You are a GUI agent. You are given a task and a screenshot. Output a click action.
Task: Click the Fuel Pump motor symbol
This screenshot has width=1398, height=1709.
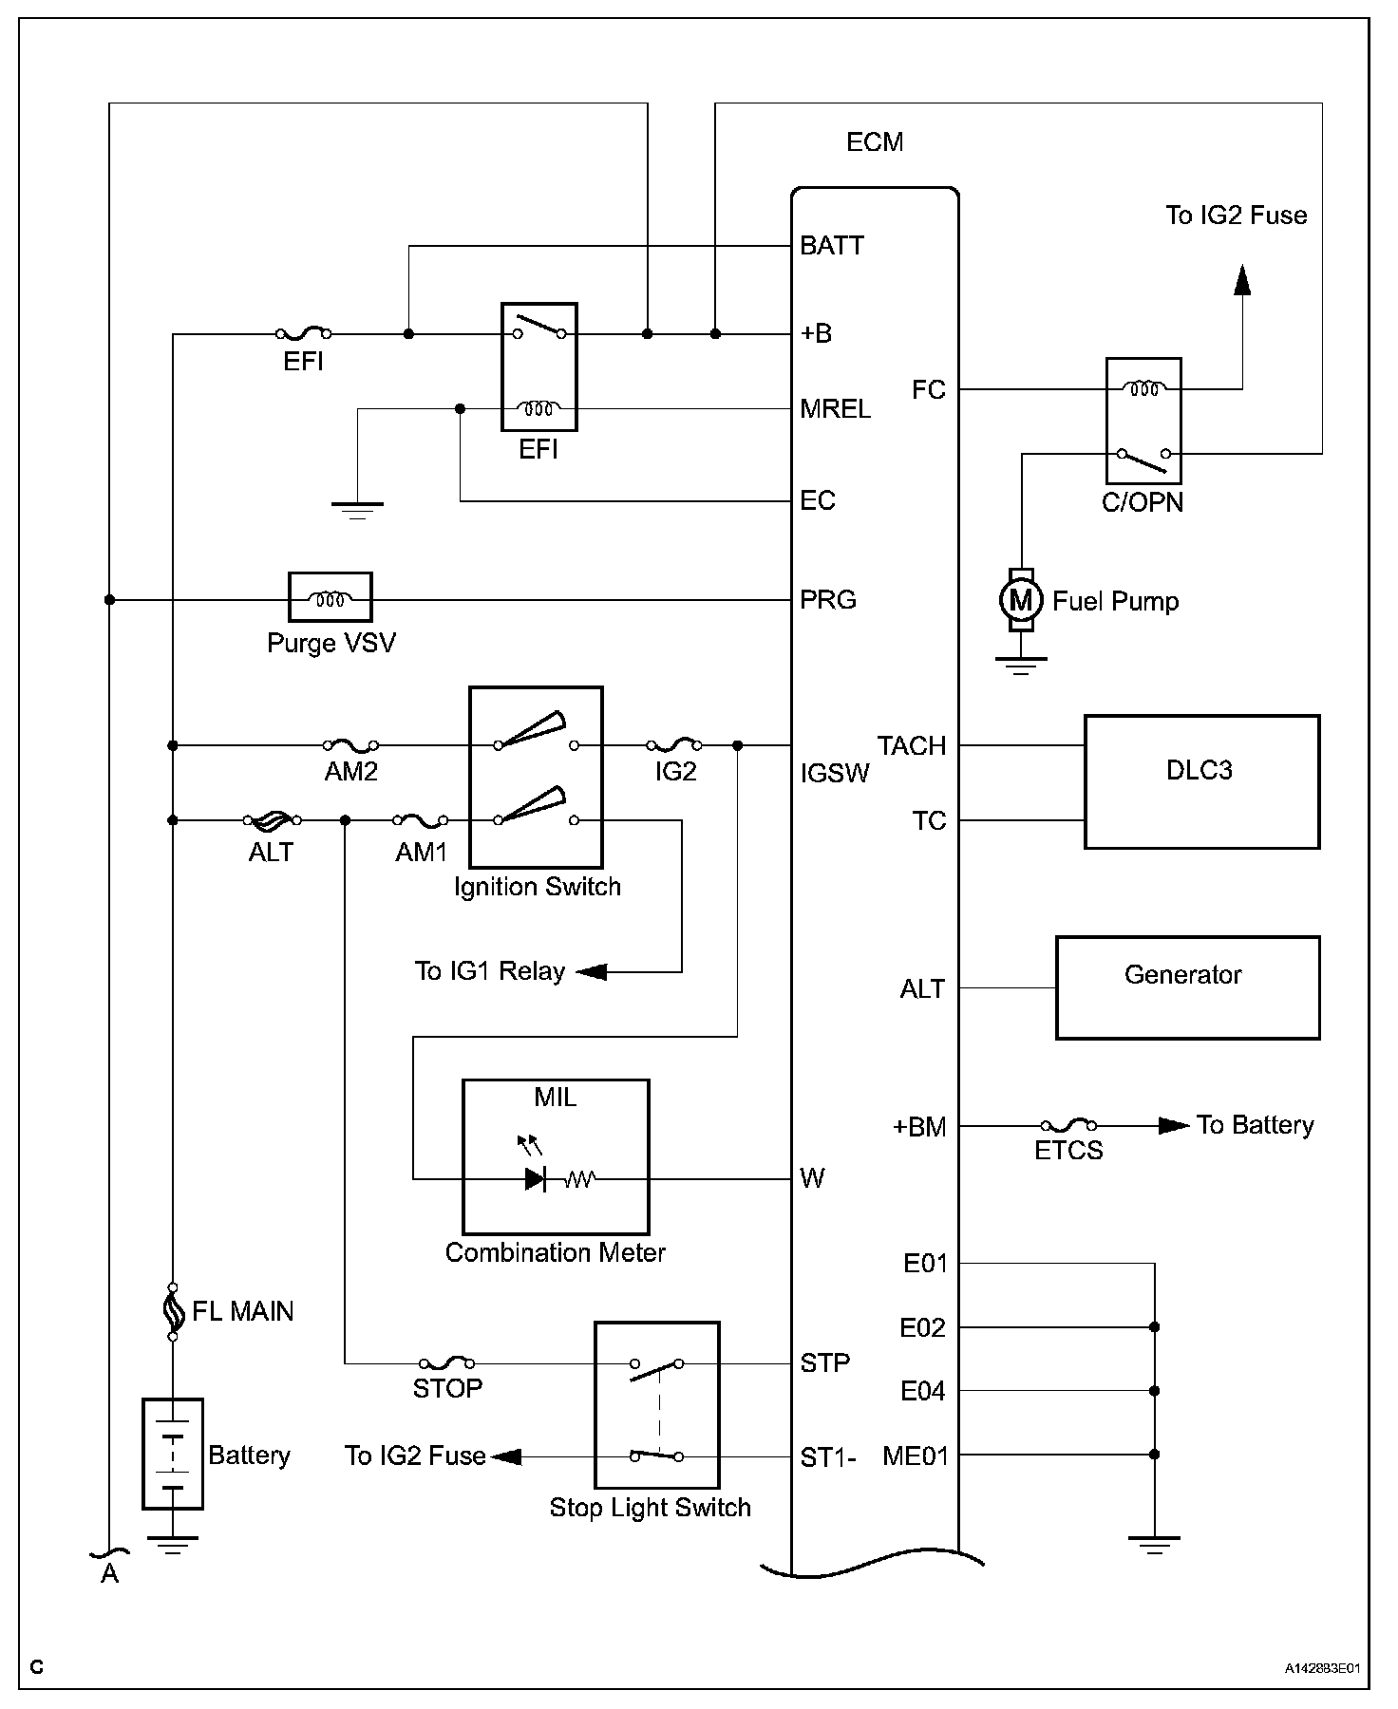click(1020, 600)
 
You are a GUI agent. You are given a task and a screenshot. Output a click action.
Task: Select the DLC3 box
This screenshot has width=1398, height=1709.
click(1201, 781)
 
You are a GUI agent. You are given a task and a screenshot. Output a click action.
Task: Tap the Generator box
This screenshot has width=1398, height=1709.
click(1187, 987)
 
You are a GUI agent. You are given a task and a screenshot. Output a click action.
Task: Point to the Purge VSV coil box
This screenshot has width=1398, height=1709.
click(330, 597)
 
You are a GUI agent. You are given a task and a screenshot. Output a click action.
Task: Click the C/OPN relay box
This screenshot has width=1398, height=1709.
click(1143, 421)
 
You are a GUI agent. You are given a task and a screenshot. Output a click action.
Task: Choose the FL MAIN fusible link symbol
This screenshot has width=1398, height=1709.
click(173, 1310)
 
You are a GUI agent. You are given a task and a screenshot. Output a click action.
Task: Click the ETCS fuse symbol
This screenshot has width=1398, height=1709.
click(1069, 1126)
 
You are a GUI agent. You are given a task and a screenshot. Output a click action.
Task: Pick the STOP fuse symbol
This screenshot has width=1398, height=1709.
click(447, 1363)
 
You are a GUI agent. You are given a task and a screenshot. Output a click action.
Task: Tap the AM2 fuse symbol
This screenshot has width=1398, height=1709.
click(351, 745)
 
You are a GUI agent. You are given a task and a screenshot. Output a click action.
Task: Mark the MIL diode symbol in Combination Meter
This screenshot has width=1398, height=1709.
click(536, 1179)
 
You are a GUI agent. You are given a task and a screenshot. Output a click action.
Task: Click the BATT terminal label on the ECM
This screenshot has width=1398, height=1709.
click(832, 246)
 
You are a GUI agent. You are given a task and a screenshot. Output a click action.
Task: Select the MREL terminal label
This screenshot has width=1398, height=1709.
click(835, 409)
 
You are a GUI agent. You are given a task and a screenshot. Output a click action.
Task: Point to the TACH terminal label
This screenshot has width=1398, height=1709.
click(912, 746)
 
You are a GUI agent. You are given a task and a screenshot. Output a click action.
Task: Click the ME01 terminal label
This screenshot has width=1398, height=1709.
click(915, 1455)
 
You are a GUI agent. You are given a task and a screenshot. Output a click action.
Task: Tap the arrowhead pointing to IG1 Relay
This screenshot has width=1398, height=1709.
click(592, 971)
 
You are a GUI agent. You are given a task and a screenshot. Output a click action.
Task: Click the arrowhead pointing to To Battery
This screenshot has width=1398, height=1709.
click(1174, 1126)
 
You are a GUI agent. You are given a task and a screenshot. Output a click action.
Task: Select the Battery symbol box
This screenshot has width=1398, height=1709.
click(173, 1454)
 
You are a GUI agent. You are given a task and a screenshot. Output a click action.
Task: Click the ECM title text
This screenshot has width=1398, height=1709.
click(875, 142)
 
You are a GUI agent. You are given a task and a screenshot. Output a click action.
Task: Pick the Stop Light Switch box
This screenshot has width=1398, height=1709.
click(656, 1404)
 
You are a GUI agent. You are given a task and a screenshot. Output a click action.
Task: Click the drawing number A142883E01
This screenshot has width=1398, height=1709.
click(1323, 1668)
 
